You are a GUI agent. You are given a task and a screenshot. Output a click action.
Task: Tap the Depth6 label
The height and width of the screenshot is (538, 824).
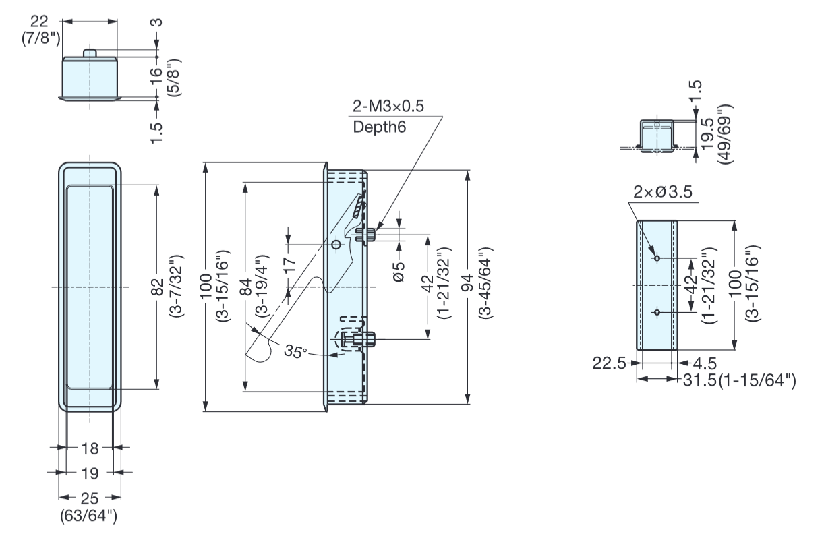pos(380,126)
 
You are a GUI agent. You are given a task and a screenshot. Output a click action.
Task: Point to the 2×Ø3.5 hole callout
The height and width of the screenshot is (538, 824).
pos(664,193)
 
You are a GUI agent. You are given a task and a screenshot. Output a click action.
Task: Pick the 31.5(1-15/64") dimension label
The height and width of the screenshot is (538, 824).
pos(738,380)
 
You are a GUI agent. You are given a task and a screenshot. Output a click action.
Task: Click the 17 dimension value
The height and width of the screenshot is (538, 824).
pos(289,265)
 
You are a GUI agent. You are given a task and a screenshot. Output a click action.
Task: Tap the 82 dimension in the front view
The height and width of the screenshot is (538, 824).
pos(157,286)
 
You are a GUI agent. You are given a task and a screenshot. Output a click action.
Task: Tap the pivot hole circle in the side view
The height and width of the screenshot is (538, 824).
pos(336,245)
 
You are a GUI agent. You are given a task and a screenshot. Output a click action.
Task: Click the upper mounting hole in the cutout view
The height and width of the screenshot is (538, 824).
pos(656,258)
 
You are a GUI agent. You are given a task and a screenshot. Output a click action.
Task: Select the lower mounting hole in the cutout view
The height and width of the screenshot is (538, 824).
pos(656,312)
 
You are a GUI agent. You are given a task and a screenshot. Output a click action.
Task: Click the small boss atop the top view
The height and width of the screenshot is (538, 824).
pos(90,53)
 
